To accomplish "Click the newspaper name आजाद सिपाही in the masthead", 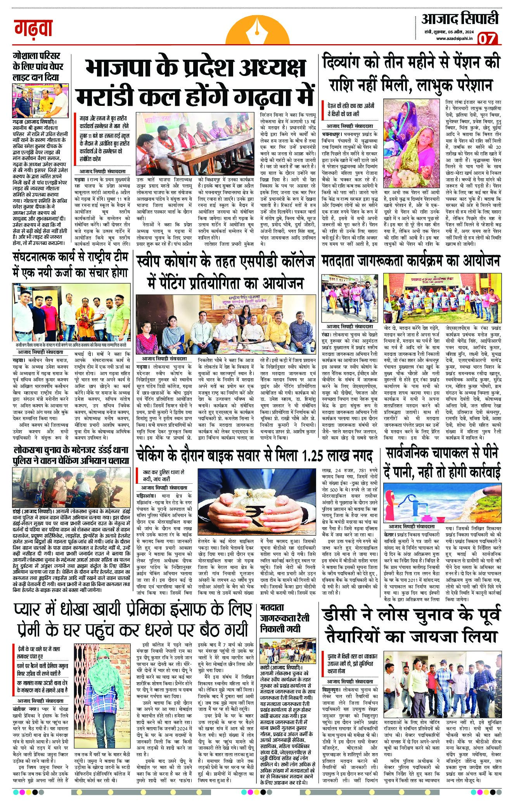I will [x=460, y=19].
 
